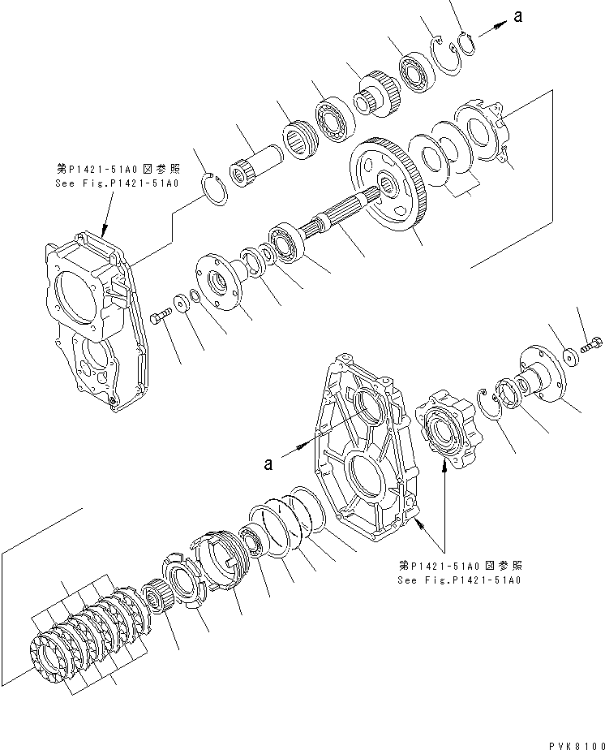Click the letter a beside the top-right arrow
tap(517, 15)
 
